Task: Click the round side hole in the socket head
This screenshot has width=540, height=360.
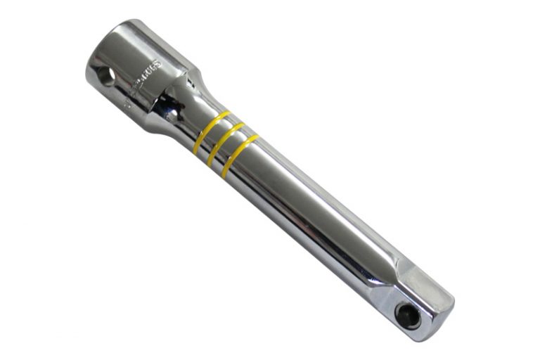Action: [x=106, y=77]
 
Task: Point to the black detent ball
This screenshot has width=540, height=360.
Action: [x=407, y=314]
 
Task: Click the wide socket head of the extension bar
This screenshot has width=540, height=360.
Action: [x=141, y=67]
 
